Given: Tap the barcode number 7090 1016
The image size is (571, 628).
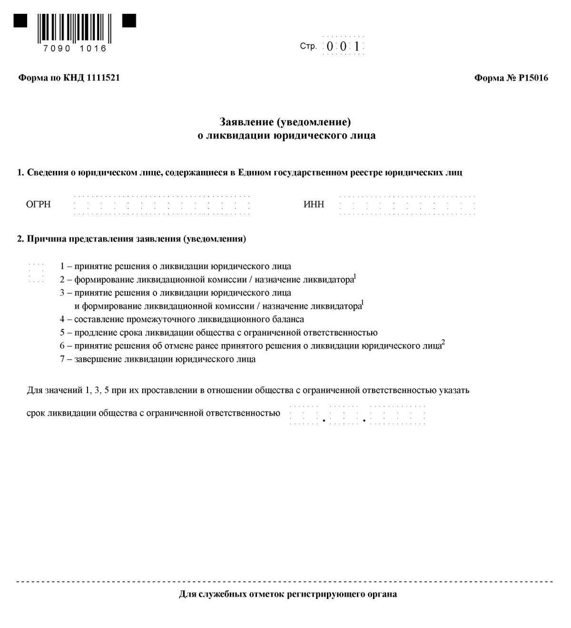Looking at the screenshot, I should tap(75, 49).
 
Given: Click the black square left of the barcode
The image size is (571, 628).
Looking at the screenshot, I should tap(20, 21).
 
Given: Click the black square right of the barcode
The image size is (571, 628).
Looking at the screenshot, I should tap(129, 21).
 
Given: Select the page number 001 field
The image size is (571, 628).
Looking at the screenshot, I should tap(343, 46).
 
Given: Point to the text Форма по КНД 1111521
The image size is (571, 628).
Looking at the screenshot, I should tap(69, 78).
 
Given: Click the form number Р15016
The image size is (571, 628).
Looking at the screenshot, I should tap(511, 78).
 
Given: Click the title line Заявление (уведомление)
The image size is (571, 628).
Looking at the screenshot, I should tap(285, 122).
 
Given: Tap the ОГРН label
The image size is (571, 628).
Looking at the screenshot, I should tap(39, 205).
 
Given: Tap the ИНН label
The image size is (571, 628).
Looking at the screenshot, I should tap(314, 205).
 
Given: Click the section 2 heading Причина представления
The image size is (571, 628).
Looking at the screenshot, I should tap(132, 239).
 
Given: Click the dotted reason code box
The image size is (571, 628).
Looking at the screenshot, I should tap(36, 273).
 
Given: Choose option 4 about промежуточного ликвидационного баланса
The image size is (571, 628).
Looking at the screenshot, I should tap(182, 319).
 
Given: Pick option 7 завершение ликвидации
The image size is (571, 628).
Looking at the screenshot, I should tap(158, 359).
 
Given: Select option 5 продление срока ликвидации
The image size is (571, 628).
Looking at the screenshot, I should tap(218, 333).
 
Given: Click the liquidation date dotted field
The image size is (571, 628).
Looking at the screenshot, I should tap(357, 415).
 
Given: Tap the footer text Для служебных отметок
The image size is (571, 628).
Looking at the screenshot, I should tap(288, 594).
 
